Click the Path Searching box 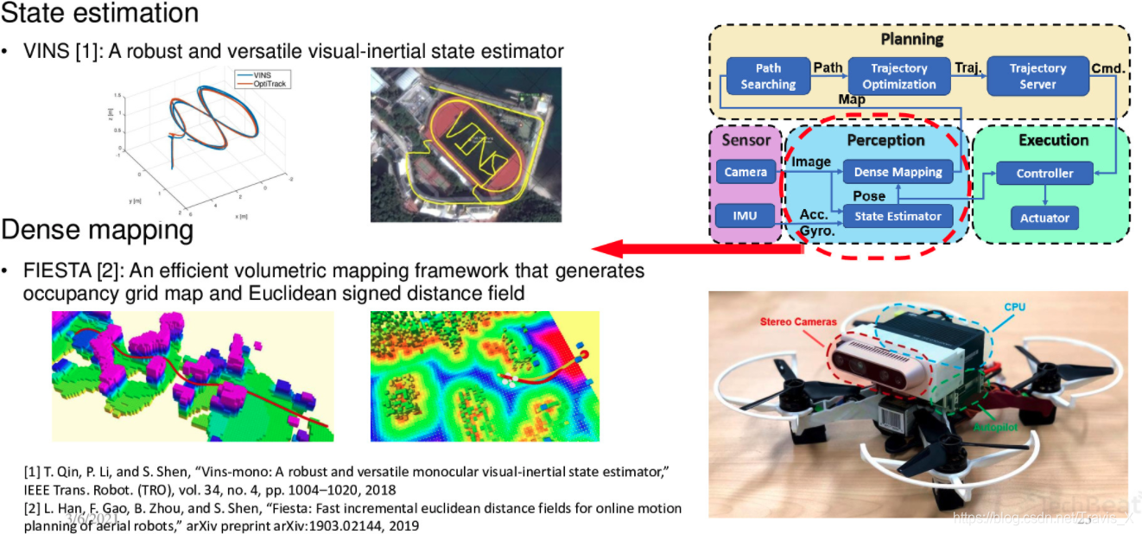[768, 76]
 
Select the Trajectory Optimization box [898, 76]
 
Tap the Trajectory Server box [1037, 76]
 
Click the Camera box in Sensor [745, 172]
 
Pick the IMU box [745, 215]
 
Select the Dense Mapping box [898, 172]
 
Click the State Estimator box [898, 216]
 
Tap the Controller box [1044, 173]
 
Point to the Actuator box [1044, 218]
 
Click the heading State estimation [99, 13]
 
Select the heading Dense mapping [97, 230]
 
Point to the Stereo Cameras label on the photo [798, 321]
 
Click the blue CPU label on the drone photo [1014, 307]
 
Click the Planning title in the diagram [911, 39]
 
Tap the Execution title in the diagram [1053, 140]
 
